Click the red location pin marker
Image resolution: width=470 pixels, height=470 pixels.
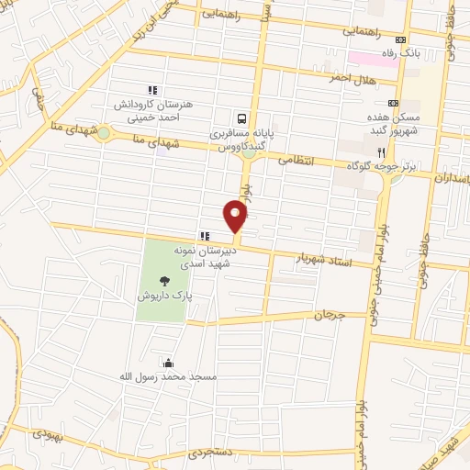coord(236,217)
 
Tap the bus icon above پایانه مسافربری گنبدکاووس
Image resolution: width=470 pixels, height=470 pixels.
coord(241,118)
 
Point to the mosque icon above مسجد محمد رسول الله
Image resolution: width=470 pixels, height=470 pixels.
coord(167,363)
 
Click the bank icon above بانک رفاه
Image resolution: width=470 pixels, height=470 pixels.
coord(400,39)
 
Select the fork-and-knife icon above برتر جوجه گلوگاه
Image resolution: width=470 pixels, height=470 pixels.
coord(379,151)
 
